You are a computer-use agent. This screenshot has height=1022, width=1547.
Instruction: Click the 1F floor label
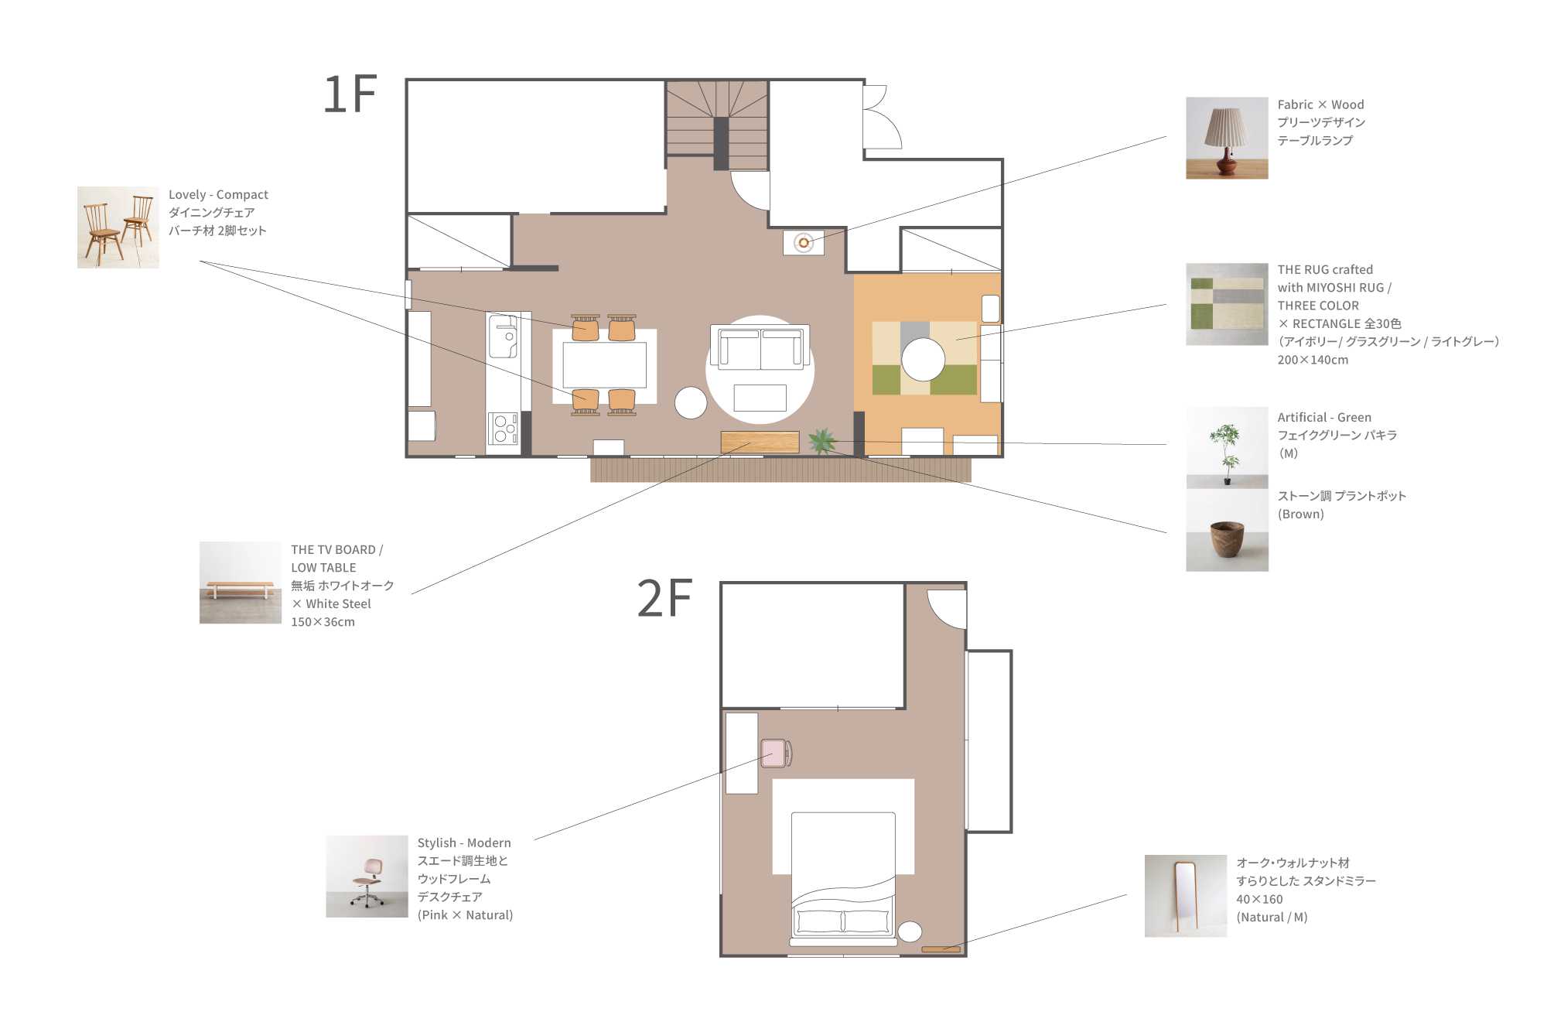[350, 94]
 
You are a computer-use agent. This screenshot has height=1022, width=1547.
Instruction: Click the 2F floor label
[664, 598]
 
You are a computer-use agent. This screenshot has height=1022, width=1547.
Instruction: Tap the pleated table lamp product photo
[1227, 138]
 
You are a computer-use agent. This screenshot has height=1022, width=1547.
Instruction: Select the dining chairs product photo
[118, 227]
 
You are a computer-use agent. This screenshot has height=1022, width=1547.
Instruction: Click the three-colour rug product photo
[1227, 304]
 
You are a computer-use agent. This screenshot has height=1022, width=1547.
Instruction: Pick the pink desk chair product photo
[367, 876]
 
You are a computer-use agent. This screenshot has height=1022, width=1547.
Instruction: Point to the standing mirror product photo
[1186, 896]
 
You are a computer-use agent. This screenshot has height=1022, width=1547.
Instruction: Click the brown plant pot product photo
[1227, 531]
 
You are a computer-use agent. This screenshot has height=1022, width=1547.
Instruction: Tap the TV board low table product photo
[241, 583]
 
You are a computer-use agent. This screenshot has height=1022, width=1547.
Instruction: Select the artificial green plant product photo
[1227, 448]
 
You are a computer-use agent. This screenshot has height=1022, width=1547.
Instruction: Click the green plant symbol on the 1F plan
[822, 441]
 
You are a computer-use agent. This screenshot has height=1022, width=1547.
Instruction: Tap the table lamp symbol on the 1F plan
[804, 243]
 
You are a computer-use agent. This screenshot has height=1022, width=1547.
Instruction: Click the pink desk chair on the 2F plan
[776, 753]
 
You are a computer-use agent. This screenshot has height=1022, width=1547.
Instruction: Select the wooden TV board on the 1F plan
[760, 442]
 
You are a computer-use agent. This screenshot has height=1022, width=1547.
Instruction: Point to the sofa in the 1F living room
[760, 348]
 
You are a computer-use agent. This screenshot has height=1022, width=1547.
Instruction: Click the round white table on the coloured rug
[923, 360]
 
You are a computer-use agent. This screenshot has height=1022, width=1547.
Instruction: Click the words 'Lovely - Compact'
[218, 195]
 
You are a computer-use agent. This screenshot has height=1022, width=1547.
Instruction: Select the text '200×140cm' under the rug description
[1313, 360]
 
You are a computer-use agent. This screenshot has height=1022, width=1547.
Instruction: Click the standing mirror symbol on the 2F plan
[941, 949]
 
